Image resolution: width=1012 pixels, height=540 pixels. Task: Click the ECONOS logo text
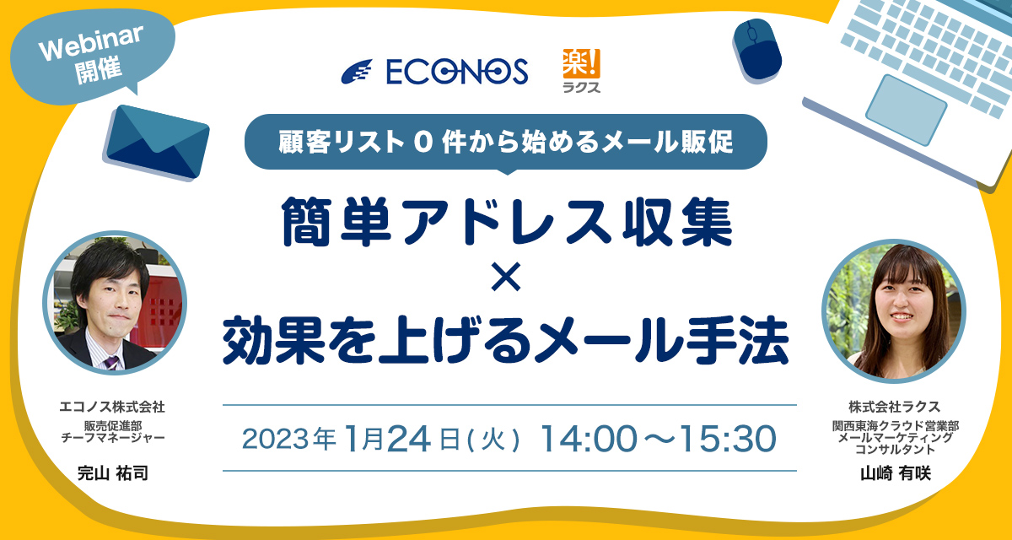click(x=457, y=72)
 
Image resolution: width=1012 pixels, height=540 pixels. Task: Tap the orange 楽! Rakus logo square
click(x=581, y=63)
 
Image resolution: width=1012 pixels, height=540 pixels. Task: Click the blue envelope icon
click(x=157, y=142)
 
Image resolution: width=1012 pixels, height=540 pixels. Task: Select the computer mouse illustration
click(x=757, y=50)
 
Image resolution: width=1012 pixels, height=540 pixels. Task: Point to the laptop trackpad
click(x=907, y=111)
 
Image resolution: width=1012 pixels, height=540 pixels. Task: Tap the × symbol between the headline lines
click(x=506, y=276)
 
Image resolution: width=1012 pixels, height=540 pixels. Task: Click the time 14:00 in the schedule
click(x=589, y=438)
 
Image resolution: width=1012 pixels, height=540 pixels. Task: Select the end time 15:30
click(x=728, y=438)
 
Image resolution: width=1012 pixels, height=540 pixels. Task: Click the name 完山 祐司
click(x=112, y=473)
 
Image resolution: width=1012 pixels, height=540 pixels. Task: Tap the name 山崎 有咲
click(x=896, y=473)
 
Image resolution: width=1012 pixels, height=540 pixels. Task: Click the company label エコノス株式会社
click(x=112, y=407)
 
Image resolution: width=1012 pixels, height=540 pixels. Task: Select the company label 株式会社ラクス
click(x=895, y=407)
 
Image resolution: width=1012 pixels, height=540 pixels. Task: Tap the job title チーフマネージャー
click(x=112, y=437)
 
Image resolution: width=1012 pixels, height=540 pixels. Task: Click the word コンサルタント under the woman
click(x=895, y=449)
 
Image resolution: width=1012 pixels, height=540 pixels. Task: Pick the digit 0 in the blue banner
click(x=423, y=143)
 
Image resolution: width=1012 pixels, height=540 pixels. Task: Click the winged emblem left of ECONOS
click(x=357, y=72)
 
